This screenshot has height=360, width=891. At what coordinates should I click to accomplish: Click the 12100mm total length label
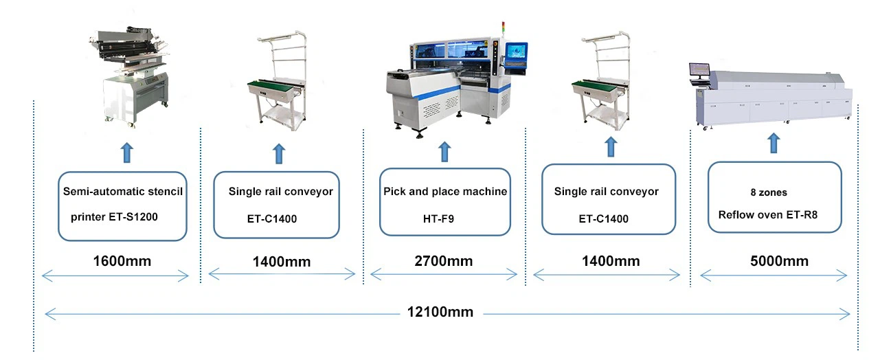tap(440, 312)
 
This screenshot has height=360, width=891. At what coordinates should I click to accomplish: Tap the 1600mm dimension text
tap(122, 261)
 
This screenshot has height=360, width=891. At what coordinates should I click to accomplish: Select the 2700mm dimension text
tap(444, 261)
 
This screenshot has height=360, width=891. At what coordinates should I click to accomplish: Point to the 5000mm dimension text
tap(779, 261)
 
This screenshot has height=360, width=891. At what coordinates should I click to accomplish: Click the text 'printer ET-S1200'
tap(114, 217)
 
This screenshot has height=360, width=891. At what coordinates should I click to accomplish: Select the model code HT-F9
tap(438, 218)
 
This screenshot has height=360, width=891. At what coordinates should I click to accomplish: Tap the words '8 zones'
tap(769, 192)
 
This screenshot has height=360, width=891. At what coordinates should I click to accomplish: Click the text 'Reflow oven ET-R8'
tap(768, 215)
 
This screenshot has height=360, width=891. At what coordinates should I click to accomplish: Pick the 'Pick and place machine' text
tap(445, 192)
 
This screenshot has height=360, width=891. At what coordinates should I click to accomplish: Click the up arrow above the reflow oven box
tap(774, 143)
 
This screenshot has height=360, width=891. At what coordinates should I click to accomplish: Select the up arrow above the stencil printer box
tap(127, 153)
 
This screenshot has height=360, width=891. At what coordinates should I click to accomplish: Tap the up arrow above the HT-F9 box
tap(444, 152)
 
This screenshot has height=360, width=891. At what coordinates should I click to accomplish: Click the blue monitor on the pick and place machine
tap(517, 54)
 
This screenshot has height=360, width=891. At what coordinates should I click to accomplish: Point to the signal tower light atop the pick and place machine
tap(503, 28)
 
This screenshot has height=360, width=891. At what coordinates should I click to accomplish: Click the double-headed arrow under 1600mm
tap(115, 275)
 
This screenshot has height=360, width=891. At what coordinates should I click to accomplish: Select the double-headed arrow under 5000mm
tap(774, 275)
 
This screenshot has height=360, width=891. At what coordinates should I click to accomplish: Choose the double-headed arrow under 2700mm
tap(444, 274)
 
